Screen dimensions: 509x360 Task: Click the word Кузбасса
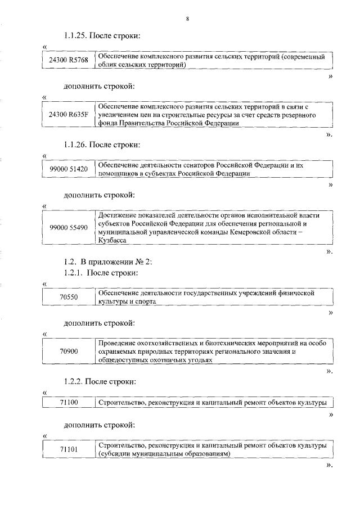112,240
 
